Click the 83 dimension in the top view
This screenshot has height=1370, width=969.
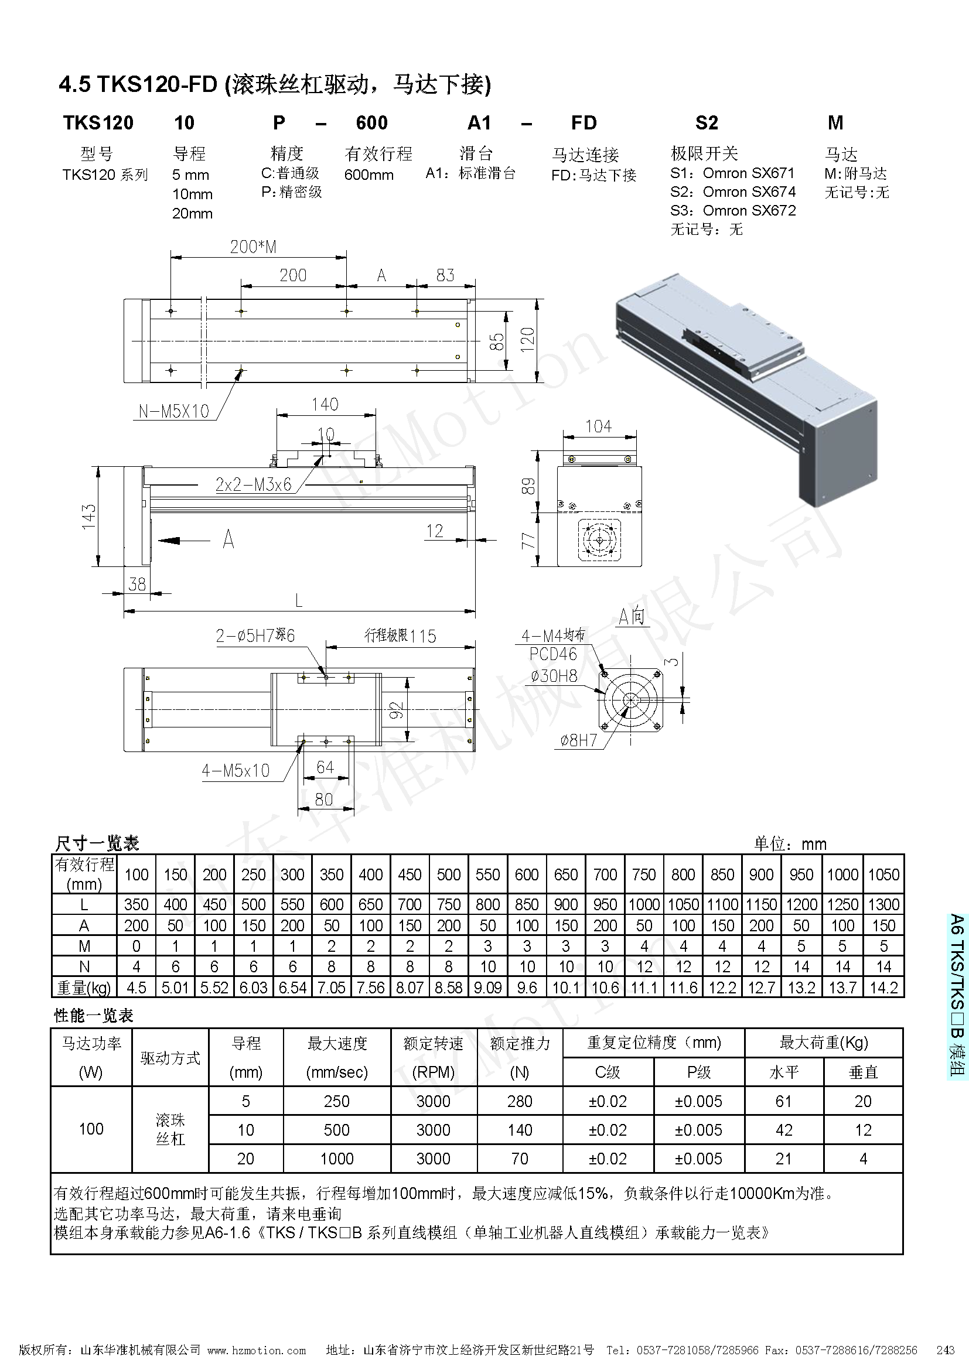445,275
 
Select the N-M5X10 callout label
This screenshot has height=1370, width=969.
173,411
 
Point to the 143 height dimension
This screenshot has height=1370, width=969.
89,516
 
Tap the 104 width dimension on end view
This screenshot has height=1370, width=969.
599,426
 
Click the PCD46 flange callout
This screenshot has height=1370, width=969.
553,654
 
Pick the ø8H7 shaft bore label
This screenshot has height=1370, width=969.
578,740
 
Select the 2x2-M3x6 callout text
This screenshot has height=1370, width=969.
254,484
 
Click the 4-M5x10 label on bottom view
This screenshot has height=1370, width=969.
236,770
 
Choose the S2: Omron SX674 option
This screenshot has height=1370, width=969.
733,192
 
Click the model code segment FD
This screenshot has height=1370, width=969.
584,123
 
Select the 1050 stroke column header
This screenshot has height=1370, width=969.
883,874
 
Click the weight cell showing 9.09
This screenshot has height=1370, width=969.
487,988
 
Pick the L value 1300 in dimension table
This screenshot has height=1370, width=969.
883,904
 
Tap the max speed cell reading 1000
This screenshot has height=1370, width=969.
336,1159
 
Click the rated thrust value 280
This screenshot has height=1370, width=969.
519,1101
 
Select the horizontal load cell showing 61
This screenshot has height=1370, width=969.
783,1101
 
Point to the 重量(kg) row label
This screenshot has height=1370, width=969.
84,988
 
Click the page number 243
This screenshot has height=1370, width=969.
945,1349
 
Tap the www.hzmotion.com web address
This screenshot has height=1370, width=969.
257,1349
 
